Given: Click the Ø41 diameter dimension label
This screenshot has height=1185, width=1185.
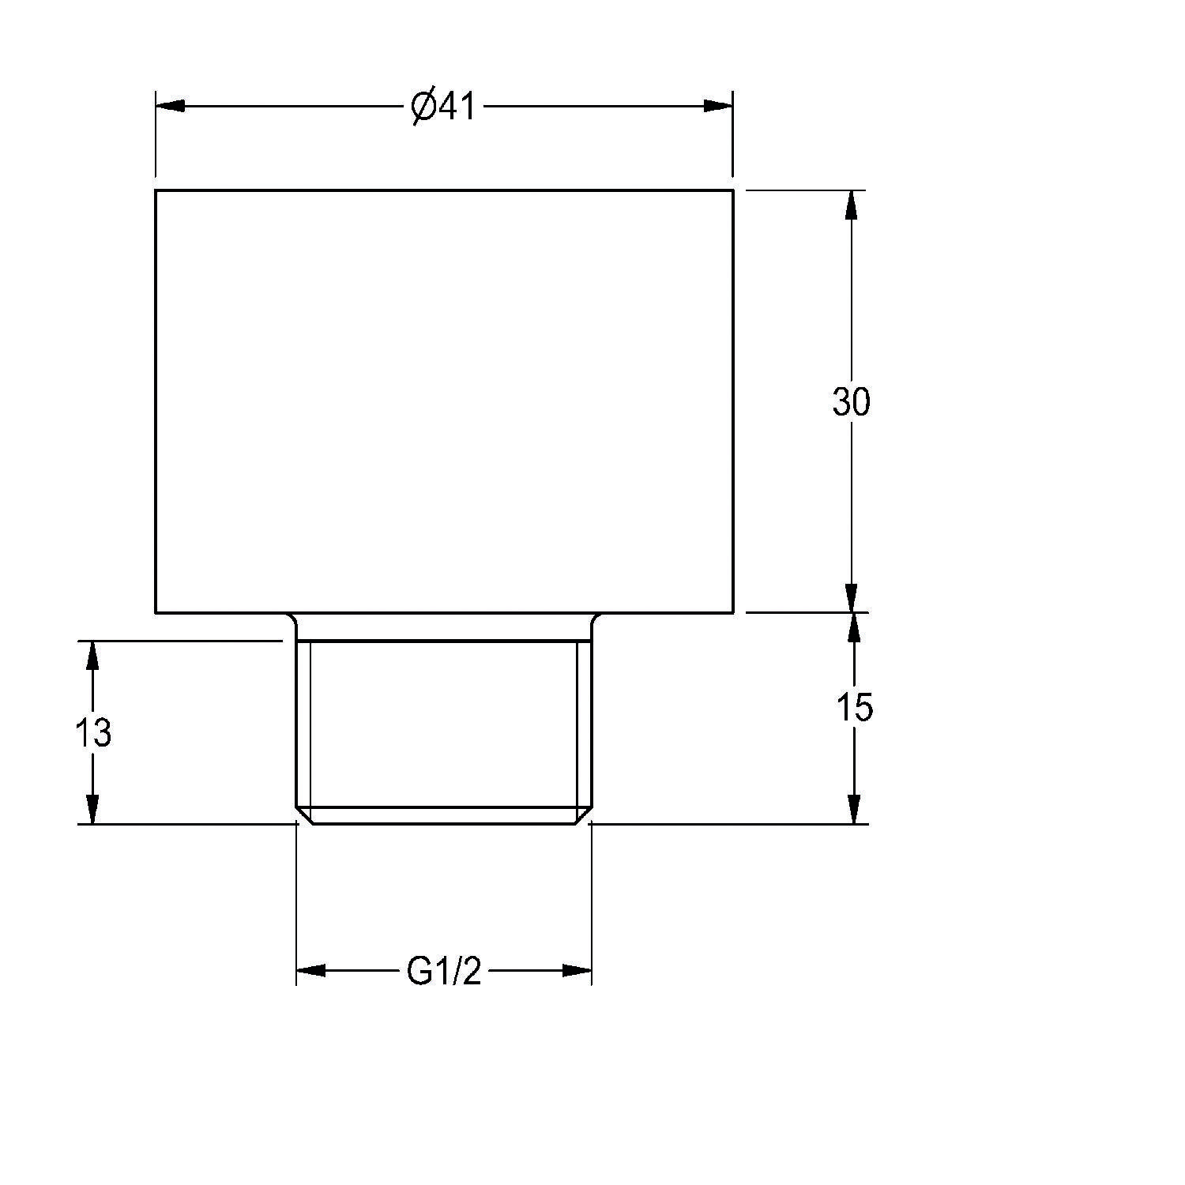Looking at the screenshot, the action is (x=444, y=107).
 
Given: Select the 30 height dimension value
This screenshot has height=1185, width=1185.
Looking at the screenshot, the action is (x=851, y=402).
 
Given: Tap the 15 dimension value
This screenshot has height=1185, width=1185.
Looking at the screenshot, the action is (x=854, y=707).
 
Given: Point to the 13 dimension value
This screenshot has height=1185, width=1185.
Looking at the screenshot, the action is (x=93, y=733).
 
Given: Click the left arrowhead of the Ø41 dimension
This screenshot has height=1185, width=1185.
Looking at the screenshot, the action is (x=170, y=106).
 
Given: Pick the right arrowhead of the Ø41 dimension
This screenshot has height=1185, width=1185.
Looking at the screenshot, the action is (x=718, y=106).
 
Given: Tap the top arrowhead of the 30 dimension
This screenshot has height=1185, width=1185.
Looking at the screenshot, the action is (x=851, y=205).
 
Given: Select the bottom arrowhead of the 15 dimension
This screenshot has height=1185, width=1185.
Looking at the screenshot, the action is (x=853, y=809).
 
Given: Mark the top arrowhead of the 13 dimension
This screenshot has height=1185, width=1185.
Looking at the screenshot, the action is (x=92, y=656).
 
